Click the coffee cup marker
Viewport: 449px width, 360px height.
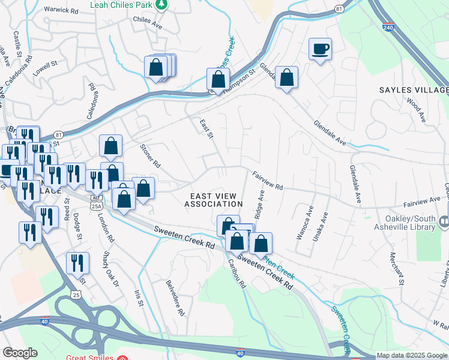pos(321,49)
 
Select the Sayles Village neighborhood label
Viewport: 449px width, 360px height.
pos(413,90)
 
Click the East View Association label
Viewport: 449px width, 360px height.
pos(214,200)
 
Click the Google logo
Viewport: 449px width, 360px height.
pos(20,353)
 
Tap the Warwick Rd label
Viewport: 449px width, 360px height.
pos(61,11)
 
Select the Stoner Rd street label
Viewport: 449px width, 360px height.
pos(150,155)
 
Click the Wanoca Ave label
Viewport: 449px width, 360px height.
pos(303,223)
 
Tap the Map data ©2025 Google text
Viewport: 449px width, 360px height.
pos(412,355)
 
